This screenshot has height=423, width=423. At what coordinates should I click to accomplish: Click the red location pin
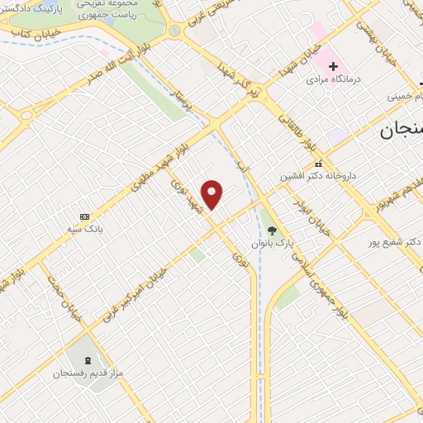click(x=213, y=194)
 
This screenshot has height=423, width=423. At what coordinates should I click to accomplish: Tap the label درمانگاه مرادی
click(x=330, y=81)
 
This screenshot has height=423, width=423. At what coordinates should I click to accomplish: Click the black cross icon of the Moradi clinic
click(x=333, y=65)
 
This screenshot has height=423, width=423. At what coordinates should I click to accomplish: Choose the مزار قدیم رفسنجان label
click(x=89, y=374)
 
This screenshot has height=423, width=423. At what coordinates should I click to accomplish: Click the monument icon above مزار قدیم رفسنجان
click(x=88, y=359)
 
